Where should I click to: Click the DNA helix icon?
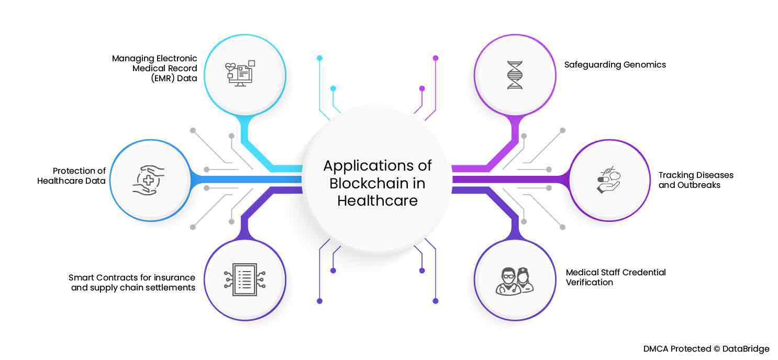point(515,75)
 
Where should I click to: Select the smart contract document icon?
point(244,279)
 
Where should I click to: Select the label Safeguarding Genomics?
point(615,65)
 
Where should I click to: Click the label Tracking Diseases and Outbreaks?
point(695,179)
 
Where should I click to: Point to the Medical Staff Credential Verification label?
point(615,277)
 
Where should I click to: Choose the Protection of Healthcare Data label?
point(72,176)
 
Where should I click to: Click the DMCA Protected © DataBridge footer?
point(706,348)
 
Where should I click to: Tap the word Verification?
point(589,283)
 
